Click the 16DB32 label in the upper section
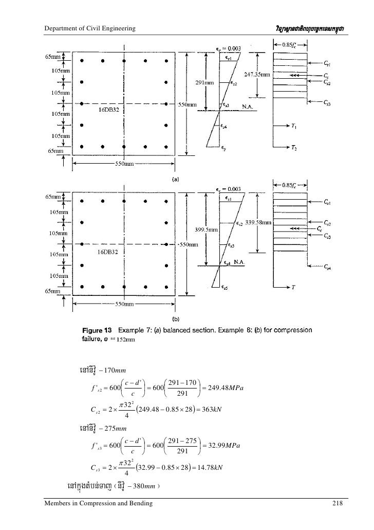pos(108,111)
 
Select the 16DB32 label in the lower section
pos(108,252)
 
